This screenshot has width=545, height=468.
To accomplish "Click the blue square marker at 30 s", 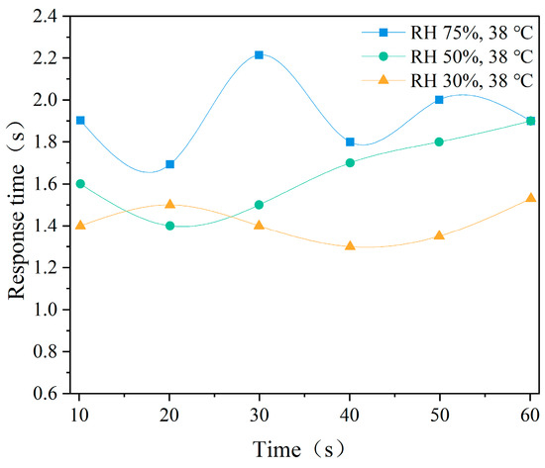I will tap(259, 55).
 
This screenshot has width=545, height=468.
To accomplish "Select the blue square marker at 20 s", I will tap(169, 164).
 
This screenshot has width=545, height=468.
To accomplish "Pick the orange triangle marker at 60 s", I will tap(530, 198).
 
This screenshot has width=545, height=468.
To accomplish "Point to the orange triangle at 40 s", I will tap(350, 245).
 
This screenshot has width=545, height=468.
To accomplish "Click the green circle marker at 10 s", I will tap(80, 183).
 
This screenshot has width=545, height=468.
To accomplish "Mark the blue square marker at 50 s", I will tap(440, 100).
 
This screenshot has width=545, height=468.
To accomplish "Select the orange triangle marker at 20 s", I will tap(169, 204).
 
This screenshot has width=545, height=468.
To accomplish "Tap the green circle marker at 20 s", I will tap(169, 226).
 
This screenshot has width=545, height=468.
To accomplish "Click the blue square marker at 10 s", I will tap(80, 121).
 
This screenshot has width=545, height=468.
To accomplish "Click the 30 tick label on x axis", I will tap(259, 412).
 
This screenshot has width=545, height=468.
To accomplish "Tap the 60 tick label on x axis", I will tap(529, 412).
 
